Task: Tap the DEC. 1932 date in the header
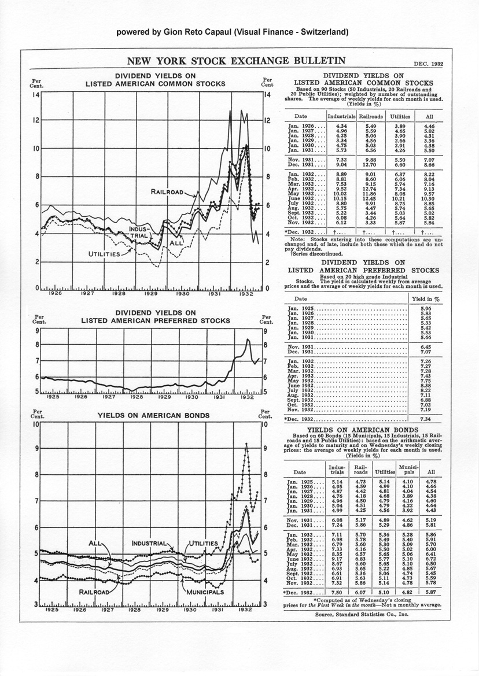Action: [429, 64]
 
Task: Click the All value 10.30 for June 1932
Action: [429, 200]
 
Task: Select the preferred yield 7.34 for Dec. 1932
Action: [425, 418]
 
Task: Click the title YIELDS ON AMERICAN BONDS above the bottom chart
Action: [146, 415]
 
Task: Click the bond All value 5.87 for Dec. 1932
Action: [430, 592]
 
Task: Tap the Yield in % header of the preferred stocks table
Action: [426, 299]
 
